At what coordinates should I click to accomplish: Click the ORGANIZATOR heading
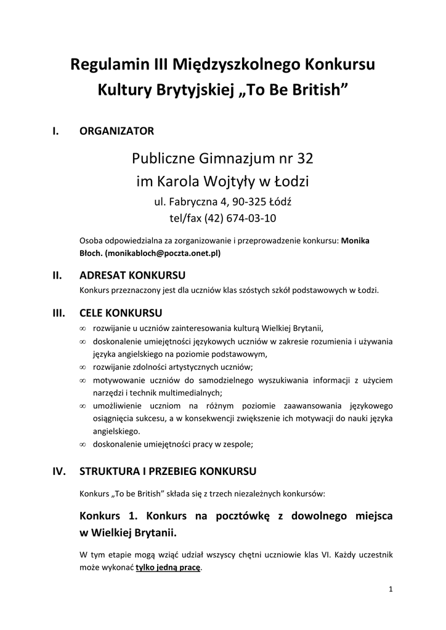click(x=116, y=130)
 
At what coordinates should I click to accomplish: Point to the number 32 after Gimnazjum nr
click(x=306, y=159)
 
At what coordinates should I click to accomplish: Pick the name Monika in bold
click(x=355, y=241)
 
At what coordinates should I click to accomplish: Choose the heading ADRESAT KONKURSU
click(x=133, y=275)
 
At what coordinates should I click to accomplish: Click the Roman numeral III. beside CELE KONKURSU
click(x=59, y=313)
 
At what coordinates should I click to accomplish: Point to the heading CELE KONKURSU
click(x=121, y=313)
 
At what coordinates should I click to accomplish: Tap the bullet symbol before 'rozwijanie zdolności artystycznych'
click(x=83, y=367)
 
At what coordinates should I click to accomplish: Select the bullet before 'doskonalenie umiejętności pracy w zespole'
click(x=83, y=444)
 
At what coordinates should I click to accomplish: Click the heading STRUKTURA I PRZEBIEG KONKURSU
click(x=168, y=472)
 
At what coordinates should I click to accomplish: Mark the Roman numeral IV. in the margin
click(x=60, y=472)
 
